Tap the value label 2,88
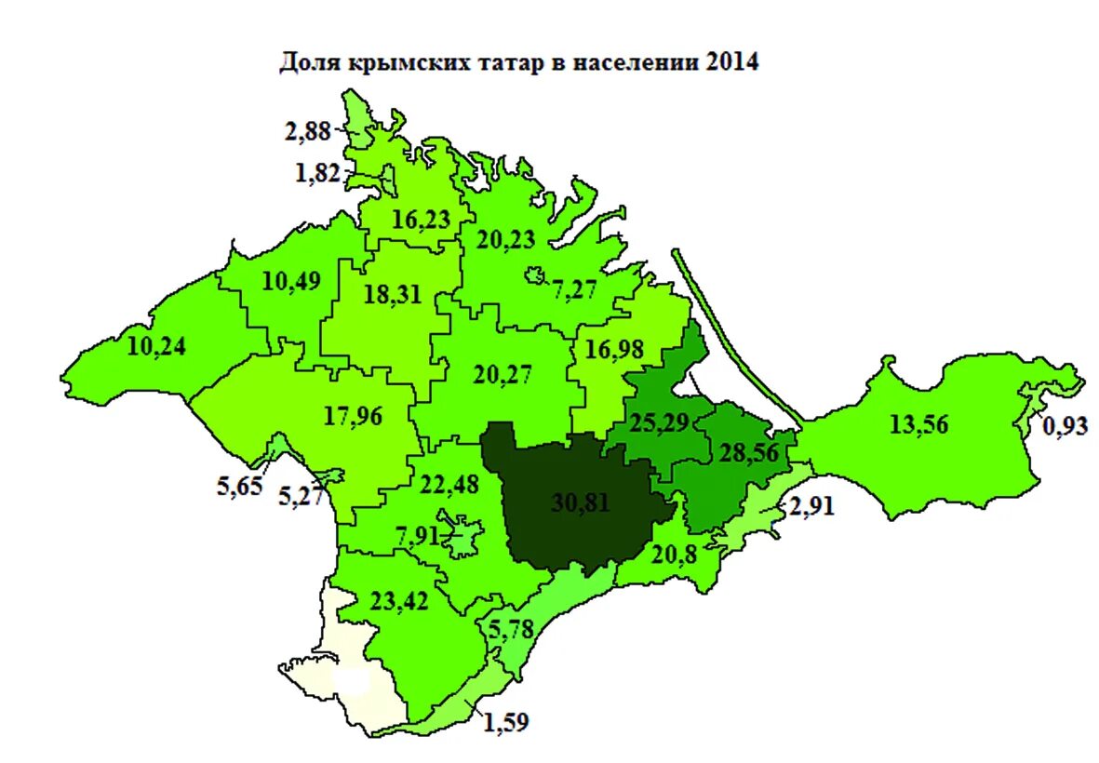coord(308,131)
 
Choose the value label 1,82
coord(318,173)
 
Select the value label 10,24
coord(156,346)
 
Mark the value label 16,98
coord(615,349)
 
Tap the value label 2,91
coord(815,508)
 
